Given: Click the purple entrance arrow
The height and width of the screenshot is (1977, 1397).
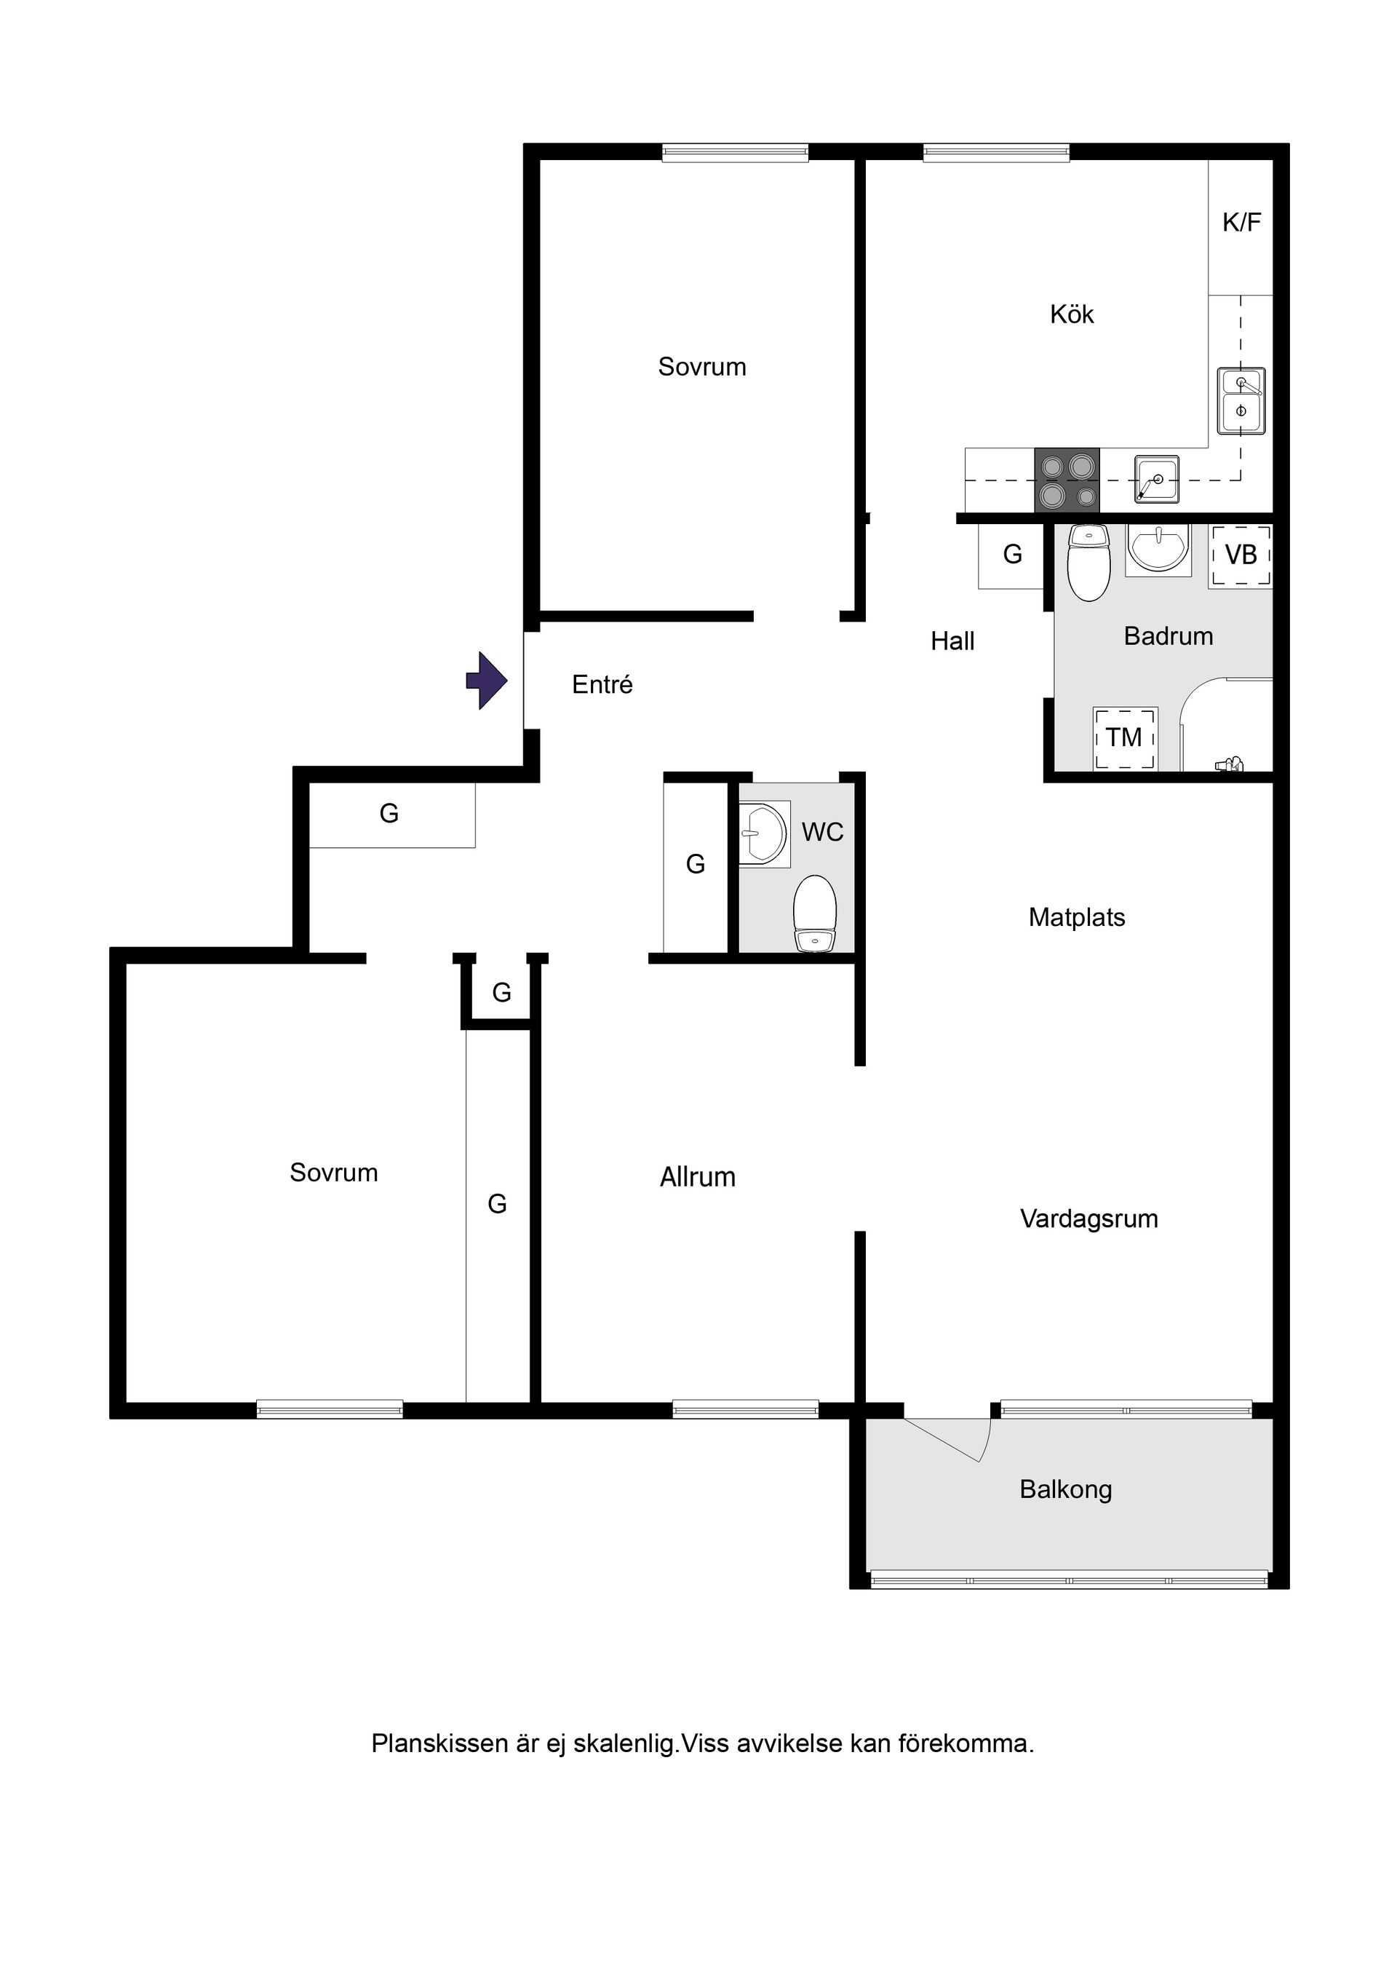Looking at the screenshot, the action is click(487, 681).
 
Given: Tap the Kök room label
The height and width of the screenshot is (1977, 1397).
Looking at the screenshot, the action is click(1072, 314).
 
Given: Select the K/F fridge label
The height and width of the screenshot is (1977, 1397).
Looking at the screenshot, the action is click(1241, 222).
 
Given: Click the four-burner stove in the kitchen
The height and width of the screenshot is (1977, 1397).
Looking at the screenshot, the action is click(1067, 480).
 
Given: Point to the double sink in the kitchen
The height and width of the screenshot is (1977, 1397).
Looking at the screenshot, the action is click(1241, 401).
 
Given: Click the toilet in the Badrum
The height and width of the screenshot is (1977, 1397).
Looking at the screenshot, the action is click(1088, 563).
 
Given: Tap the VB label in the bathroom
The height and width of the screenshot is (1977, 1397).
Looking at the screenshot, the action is click(1241, 555).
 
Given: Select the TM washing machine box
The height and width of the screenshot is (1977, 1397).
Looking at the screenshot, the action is click(1125, 738).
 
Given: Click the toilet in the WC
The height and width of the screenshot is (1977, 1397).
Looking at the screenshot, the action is click(814, 914).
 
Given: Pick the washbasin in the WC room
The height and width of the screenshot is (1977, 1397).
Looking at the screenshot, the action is click(763, 833).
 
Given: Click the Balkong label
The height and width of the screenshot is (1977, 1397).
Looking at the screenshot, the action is click(1066, 1489).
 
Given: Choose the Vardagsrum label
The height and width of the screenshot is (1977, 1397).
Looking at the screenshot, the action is click(1088, 1219).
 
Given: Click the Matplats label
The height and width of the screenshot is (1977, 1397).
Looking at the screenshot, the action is click(1077, 917).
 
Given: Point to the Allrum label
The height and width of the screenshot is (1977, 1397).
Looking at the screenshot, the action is click(697, 1177).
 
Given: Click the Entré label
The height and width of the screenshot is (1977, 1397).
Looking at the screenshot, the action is click(602, 684).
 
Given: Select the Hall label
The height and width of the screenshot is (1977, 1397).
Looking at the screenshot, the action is click(953, 641).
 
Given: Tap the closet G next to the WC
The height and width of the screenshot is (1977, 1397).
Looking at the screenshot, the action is click(696, 863).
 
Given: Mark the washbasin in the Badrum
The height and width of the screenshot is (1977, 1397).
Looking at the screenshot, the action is click(1158, 550).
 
